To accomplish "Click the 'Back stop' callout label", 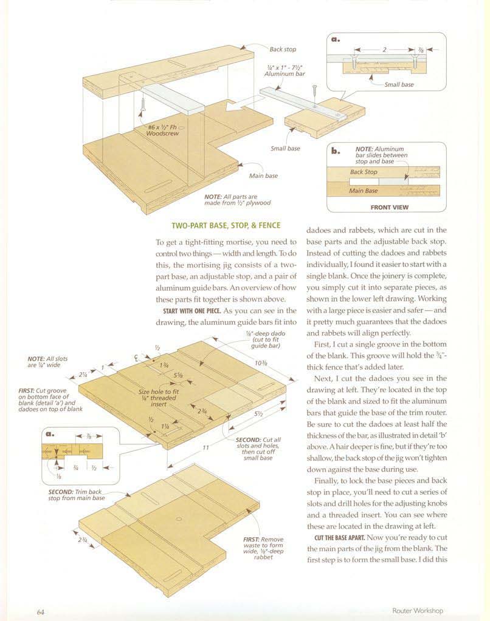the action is [x=283, y=50].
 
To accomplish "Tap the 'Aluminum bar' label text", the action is [x=285, y=74].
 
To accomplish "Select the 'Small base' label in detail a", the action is [x=399, y=84].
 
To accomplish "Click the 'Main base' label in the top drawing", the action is [x=263, y=176].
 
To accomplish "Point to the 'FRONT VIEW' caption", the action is [x=389, y=207].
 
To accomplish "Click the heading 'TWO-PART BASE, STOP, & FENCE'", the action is [x=226, y=226].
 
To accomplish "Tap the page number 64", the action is [x=41, y=612].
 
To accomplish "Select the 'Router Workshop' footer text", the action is [x=418, y=611].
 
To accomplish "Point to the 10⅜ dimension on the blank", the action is [x=261, y=363].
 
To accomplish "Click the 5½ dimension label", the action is [x=258, y=414].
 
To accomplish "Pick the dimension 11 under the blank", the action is [x=205, y=447].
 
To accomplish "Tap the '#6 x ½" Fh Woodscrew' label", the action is [x=162, y=131].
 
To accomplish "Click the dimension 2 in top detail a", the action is [x=384, y=50].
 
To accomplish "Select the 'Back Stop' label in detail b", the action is [x=364, y=172].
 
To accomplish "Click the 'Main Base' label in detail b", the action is [x=363, y=191].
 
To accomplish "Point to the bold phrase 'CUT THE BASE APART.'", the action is [x=339, y=538].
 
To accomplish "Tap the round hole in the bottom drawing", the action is [x=179, y=519].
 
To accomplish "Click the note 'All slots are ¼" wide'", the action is [x=47, y=362].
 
